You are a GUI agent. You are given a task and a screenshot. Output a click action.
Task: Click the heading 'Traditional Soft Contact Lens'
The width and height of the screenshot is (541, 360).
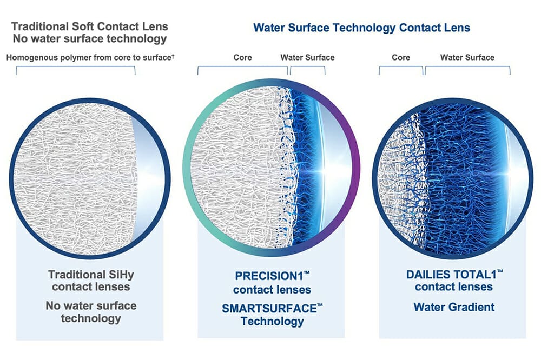point(90,26)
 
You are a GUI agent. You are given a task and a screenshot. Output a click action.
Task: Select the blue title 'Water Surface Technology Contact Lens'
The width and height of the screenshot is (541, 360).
point(361,28)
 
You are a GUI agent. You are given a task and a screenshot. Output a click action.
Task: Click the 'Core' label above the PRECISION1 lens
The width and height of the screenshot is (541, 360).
point(242,57)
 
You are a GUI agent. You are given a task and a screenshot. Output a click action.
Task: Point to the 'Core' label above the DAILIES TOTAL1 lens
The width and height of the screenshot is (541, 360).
point(401,57)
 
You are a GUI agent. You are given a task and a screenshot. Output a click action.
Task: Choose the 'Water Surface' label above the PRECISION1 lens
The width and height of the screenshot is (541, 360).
point(307,57)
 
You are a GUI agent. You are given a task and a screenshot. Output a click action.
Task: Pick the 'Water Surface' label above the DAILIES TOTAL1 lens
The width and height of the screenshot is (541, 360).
point(467,57)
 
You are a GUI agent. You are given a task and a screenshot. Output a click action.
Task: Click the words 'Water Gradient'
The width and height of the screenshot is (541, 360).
point(454,307)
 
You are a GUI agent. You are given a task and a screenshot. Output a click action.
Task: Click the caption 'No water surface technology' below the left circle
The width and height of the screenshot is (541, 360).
point(91,312)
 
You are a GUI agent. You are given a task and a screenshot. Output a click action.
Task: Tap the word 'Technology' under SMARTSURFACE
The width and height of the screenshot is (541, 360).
point(272,322)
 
